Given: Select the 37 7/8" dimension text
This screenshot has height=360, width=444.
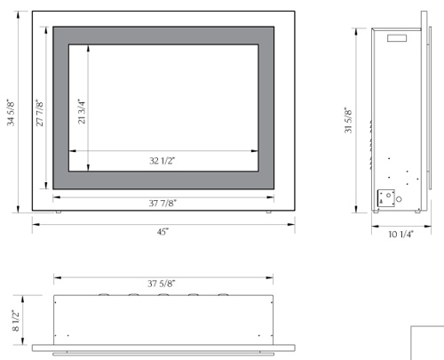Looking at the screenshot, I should [x=163, y=203].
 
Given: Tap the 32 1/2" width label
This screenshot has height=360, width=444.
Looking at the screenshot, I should [x=163, y=161].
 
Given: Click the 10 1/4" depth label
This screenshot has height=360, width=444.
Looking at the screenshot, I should [x=401, y=235].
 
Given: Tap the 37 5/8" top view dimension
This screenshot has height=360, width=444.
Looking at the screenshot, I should [x=163, y=284].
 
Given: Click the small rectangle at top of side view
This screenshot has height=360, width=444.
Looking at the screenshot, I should [x=396, y=38].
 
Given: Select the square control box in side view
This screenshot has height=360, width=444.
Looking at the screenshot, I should [x=386, y=198].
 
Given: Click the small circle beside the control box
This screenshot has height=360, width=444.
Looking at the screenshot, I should [x=399, y=200].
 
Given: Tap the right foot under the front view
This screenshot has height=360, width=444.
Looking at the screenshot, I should [x=269, y=212].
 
